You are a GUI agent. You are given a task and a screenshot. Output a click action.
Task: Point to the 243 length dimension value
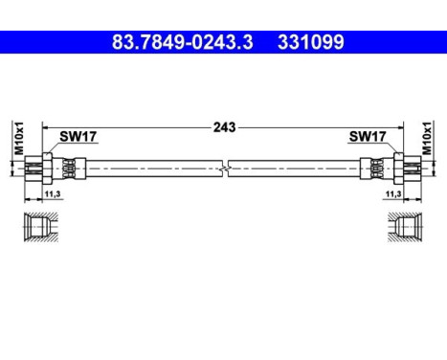[224, 126]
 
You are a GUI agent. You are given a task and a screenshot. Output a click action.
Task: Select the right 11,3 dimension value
[392, 195]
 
